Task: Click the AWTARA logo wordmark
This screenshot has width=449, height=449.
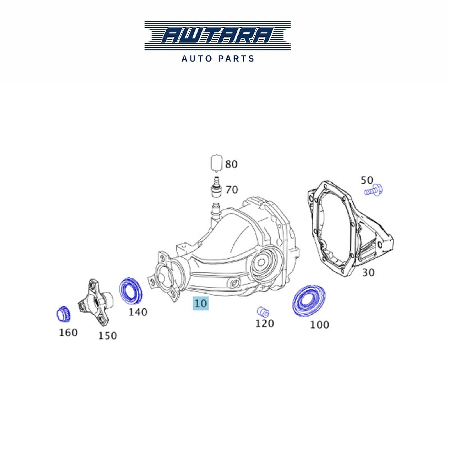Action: click(x=217, y=36)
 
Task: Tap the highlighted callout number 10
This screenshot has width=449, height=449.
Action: click(x=201, y=303)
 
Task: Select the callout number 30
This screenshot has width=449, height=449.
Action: click(x=368, y=272)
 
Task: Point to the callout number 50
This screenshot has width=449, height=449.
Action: click(x=367, y=180)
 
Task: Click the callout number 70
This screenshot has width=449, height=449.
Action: click(x=232, y=190)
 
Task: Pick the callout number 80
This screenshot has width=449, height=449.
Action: click(x=231, y=164)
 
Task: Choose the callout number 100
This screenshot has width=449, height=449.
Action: click(x=319, y=325)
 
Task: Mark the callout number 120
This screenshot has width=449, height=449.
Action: click(x=265, y=323)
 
